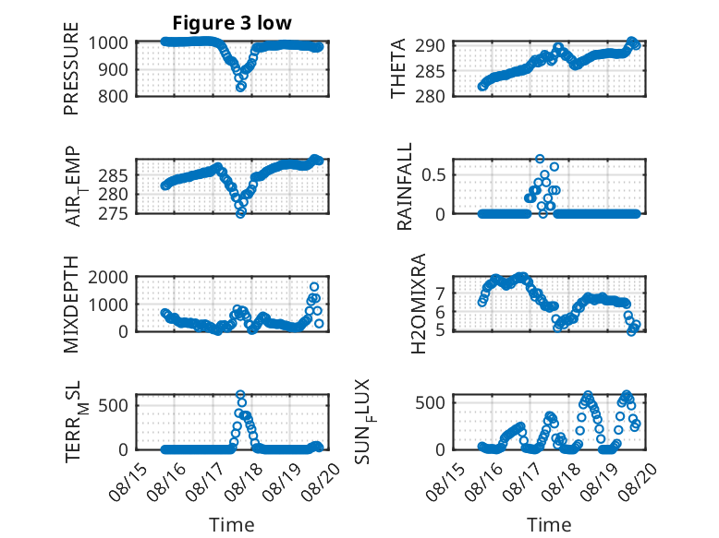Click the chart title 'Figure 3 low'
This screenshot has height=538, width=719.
click(x=232, y=23)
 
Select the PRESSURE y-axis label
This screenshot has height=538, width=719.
click(x=71, y=68)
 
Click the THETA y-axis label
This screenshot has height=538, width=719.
click(x=398, y=68)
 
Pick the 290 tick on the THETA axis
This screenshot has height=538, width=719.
click(x=430, y=46)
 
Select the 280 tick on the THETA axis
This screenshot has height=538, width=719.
click(x=430, y=97)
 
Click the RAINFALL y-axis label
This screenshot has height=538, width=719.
click(x=405, y=186)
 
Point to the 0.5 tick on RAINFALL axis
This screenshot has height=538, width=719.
click(x=433, y=175)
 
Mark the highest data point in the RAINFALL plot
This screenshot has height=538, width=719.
click(x=540, y=159)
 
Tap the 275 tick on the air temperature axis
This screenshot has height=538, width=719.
click(x=113, y=214)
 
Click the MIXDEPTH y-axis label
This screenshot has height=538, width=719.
click(x=71, y=305)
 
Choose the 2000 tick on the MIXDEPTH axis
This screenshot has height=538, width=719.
click(x=108, y=278)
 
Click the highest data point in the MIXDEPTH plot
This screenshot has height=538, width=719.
click(x=314, y=287)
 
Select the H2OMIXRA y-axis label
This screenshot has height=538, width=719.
click(x=419, y=304)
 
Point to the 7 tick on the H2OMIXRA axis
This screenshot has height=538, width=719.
click(x=440, y=293)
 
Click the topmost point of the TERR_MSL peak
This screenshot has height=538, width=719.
click(x=240, y=394)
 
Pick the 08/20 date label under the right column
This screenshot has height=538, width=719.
click(x=640, y=481)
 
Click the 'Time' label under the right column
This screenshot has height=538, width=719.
click(x=549, y=525)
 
